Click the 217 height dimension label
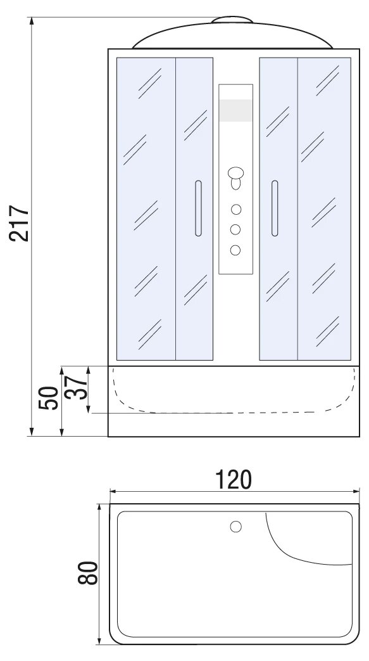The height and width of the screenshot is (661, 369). (20, 224)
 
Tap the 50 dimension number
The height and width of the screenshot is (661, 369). (48, 398)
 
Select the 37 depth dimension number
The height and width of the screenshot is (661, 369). (77, 387)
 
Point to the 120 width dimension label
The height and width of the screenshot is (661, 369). (234, 479)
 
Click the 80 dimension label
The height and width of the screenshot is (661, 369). (87, 573)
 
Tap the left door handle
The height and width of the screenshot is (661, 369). (198, 209)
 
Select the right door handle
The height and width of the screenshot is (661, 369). (275, 209)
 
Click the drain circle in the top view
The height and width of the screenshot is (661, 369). (236, 527)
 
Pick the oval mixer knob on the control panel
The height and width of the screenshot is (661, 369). (236, 173)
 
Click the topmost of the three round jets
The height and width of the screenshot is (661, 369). (236, 209)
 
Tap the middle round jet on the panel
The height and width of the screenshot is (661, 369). (235, 229)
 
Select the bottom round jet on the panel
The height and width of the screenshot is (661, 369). (235, 250)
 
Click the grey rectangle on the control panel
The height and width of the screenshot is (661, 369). (235, 110)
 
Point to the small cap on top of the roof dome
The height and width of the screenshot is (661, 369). (232, 19)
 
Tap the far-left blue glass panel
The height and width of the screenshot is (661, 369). (146, 209)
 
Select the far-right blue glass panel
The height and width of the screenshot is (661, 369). (324, 209)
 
